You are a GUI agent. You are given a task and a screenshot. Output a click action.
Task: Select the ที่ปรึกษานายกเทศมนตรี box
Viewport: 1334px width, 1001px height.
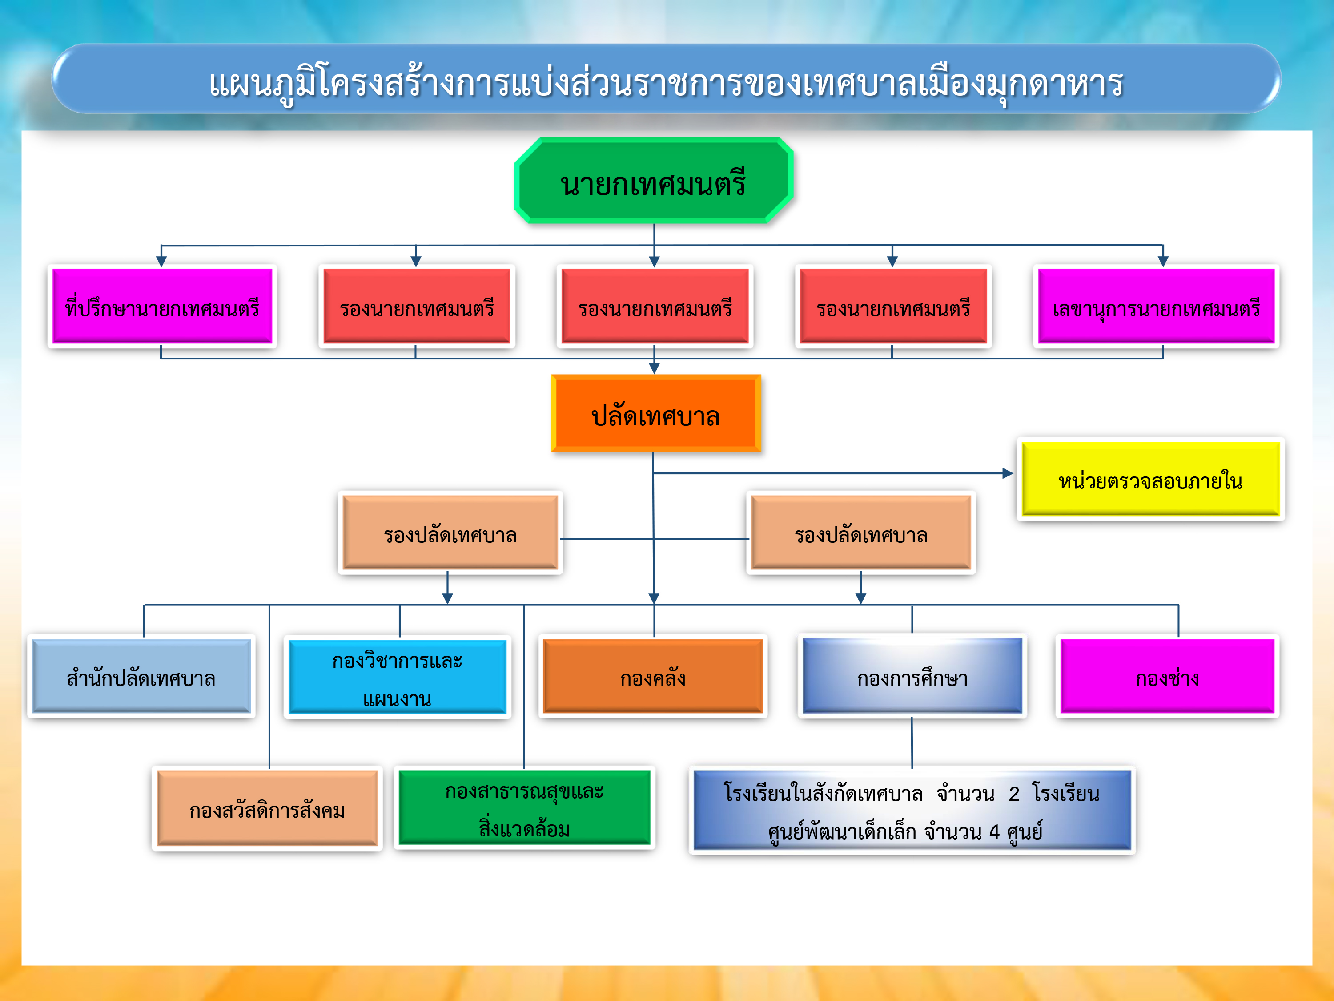pyautogui.click(x=162, y=307)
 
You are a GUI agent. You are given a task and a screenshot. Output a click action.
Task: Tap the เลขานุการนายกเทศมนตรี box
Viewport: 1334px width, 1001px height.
pyautogui.click(x=1156, y=307)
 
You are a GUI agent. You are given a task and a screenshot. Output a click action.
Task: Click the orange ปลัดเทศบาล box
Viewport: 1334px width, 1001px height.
pyautogui.click(x=655, y=413)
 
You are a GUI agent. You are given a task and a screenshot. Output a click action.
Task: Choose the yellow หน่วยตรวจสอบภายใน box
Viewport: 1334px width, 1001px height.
pyautogui.click(x=1150, y=479)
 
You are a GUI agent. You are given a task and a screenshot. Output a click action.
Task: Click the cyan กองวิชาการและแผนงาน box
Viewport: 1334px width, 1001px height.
pyautogui.click(x=398, y=677)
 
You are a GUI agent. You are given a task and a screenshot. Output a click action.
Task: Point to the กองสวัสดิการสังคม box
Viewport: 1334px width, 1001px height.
pyautogui.click(x=267, y=808)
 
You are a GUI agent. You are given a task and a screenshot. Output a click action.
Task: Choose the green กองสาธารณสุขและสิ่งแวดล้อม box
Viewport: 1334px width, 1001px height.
pyautogui.click(x=525, y=808)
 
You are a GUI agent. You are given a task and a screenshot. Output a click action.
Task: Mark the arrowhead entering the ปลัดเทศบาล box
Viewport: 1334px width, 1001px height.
pyautogui.click(x=655, y=368)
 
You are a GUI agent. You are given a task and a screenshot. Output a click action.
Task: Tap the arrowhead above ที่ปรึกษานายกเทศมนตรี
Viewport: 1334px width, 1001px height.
pyautogui.click(x=161, y=261)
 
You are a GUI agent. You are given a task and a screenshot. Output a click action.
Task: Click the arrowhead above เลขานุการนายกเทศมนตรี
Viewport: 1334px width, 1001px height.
pyautogui.click(x=1163, y=261)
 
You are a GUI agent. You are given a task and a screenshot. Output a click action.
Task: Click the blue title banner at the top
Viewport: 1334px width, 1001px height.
pyautogui.click(x=667, y=78)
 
